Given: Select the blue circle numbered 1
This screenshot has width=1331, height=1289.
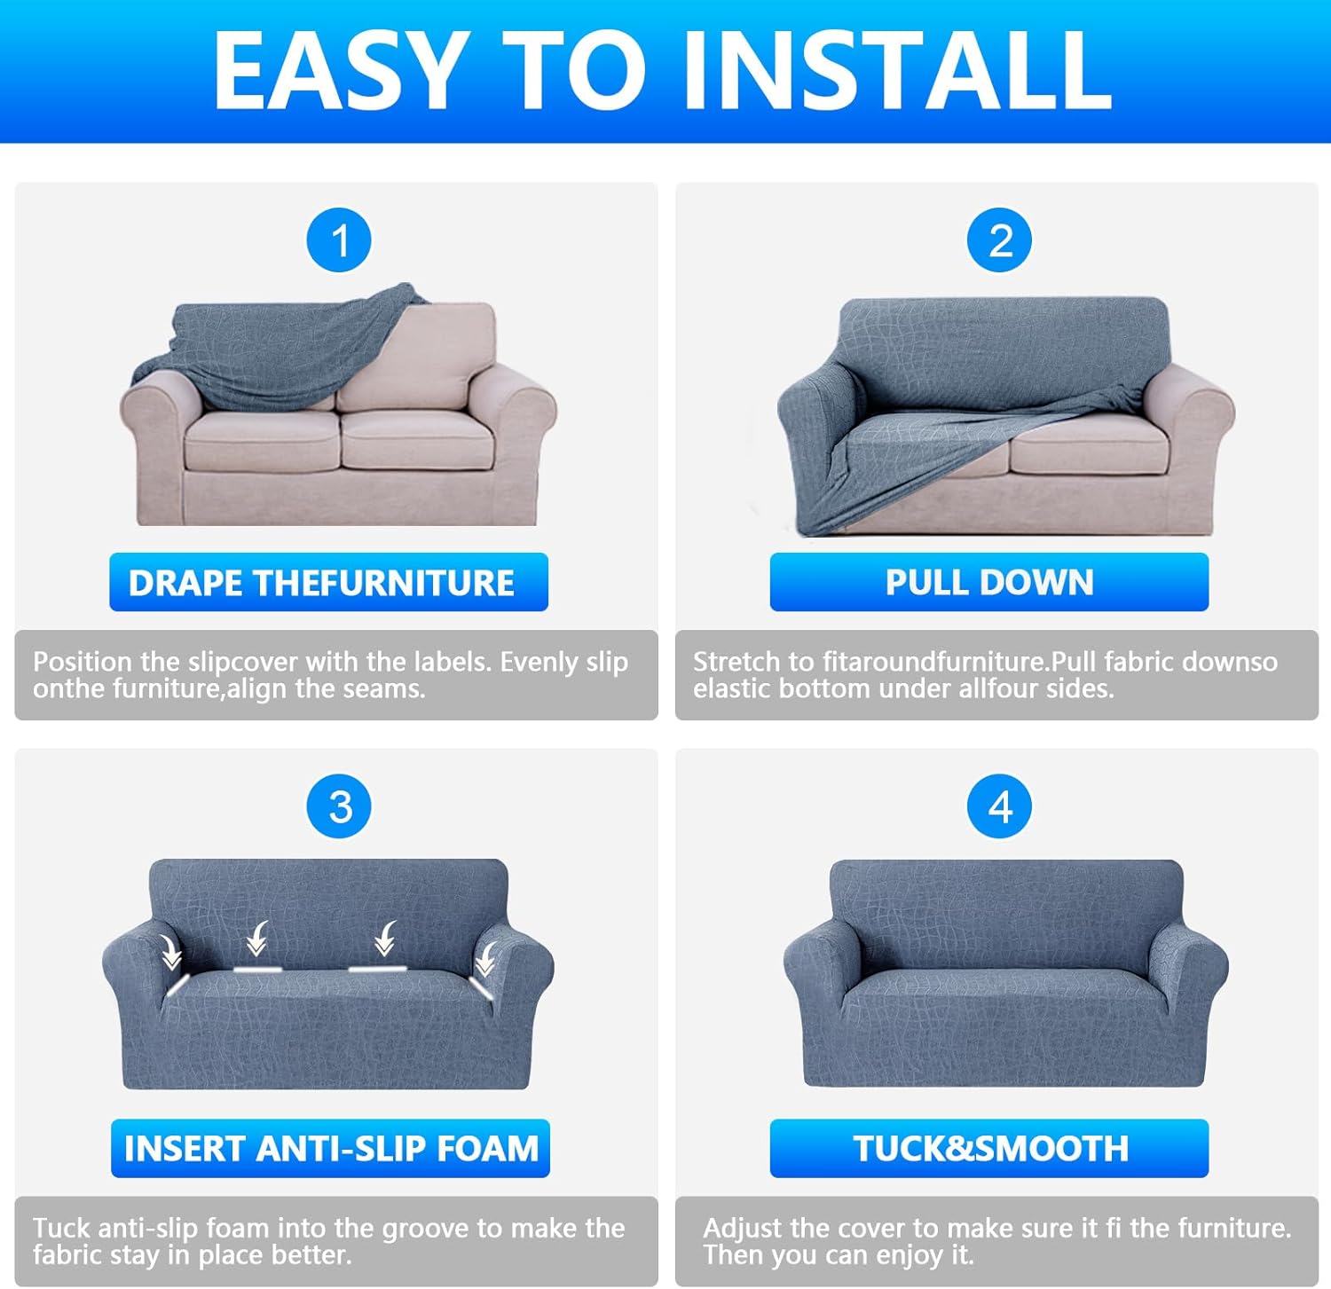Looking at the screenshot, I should pos(339,240).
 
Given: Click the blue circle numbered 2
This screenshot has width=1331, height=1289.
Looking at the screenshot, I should pos(999,240).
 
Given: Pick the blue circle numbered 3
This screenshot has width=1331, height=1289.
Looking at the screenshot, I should pos(339,806).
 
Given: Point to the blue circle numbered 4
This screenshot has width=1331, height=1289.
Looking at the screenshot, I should pos(999,806).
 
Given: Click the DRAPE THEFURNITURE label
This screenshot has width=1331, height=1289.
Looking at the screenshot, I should pos(328,582).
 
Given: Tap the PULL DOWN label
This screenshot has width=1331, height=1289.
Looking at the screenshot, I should pos(988,582).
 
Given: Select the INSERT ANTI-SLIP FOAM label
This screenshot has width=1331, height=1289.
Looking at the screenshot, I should pos(330,1148).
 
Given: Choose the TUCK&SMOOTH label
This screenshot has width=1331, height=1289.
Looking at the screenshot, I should pos(988,1148).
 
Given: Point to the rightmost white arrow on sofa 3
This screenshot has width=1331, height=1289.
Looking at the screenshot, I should pos(486,958).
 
